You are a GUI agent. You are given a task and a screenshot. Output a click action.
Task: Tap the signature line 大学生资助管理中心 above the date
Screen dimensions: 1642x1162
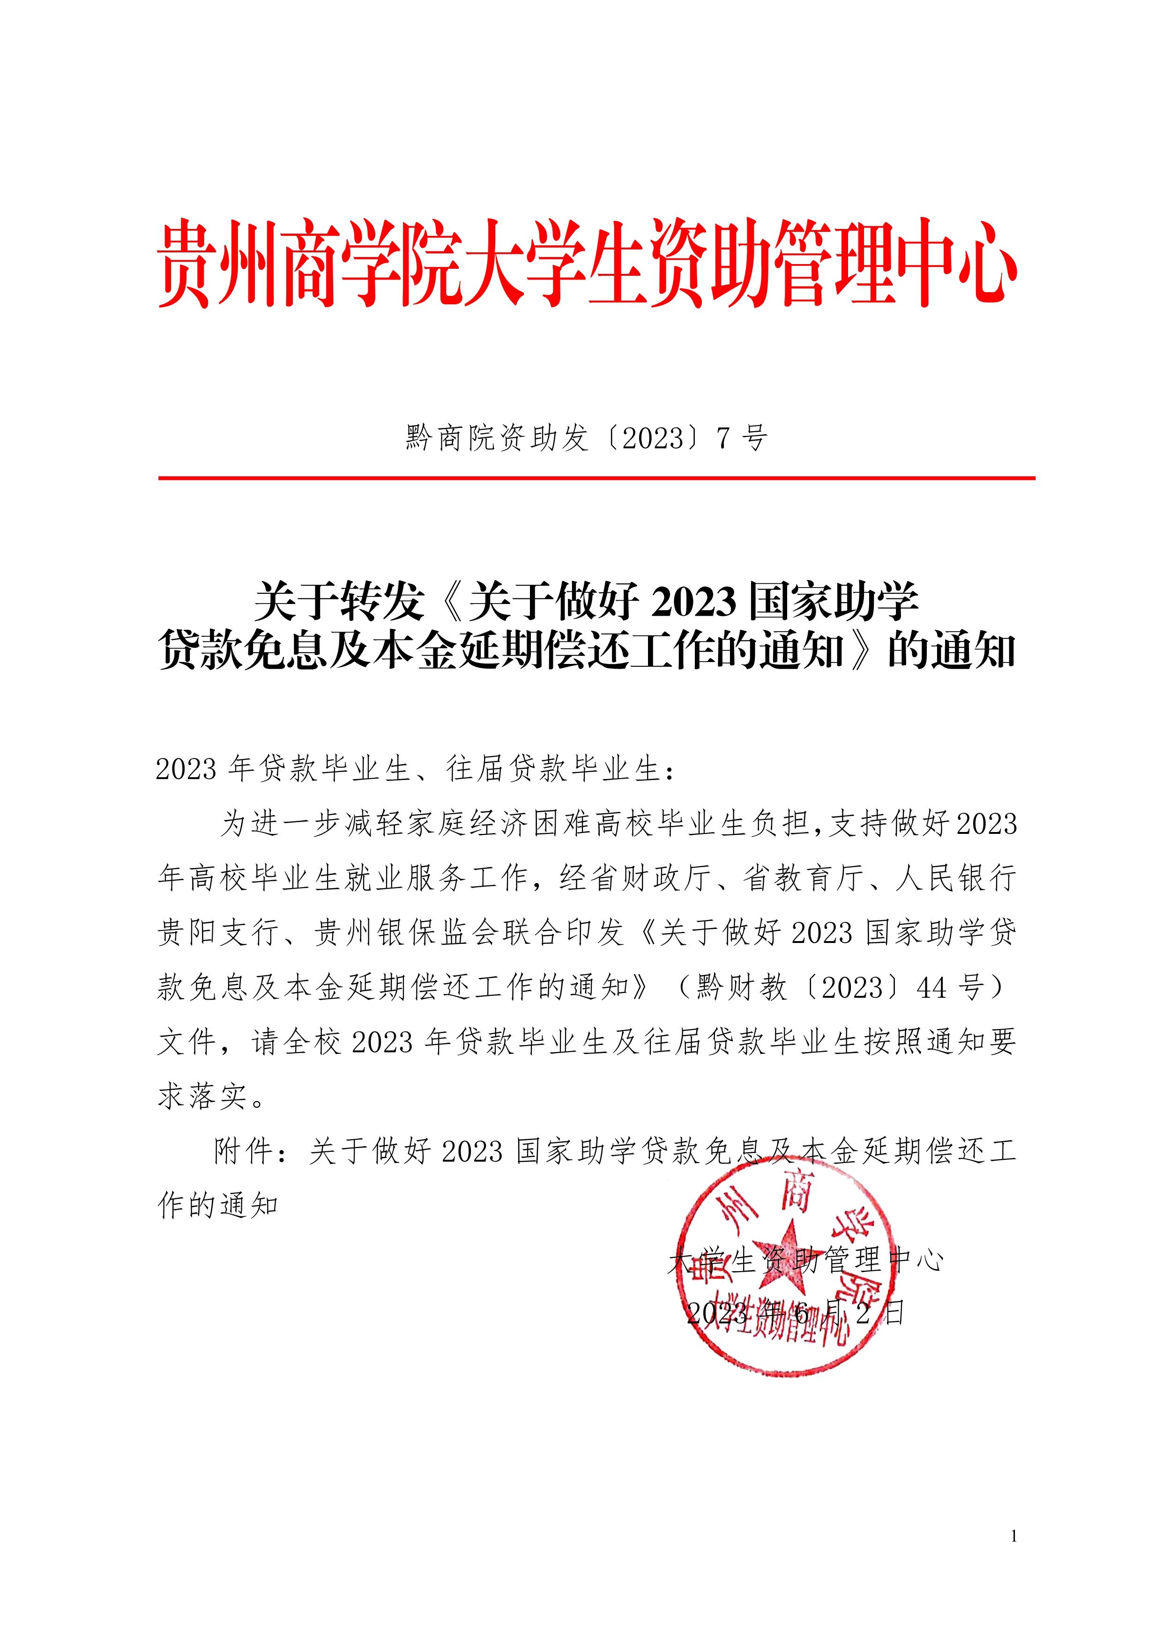806,1260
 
